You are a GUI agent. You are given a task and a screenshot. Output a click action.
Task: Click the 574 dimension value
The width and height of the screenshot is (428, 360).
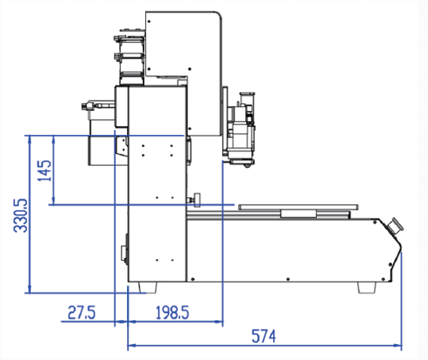[264, 336]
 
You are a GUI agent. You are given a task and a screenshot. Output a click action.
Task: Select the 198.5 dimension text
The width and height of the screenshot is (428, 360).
[172, 313]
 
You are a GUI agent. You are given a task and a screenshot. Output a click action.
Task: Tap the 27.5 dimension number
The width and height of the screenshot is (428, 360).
[81, 313]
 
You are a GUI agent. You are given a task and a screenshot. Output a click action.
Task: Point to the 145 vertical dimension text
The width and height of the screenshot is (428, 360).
[45, 171]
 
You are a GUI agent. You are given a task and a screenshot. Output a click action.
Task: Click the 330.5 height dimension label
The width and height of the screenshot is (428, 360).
[21, 216]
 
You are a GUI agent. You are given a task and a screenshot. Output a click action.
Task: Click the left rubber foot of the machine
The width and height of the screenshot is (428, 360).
[148, 287]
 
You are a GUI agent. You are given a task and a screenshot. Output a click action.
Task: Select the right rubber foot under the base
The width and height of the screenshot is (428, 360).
[367, 287]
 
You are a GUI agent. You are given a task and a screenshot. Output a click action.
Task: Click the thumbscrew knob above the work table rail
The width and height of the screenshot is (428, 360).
[196, 200]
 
